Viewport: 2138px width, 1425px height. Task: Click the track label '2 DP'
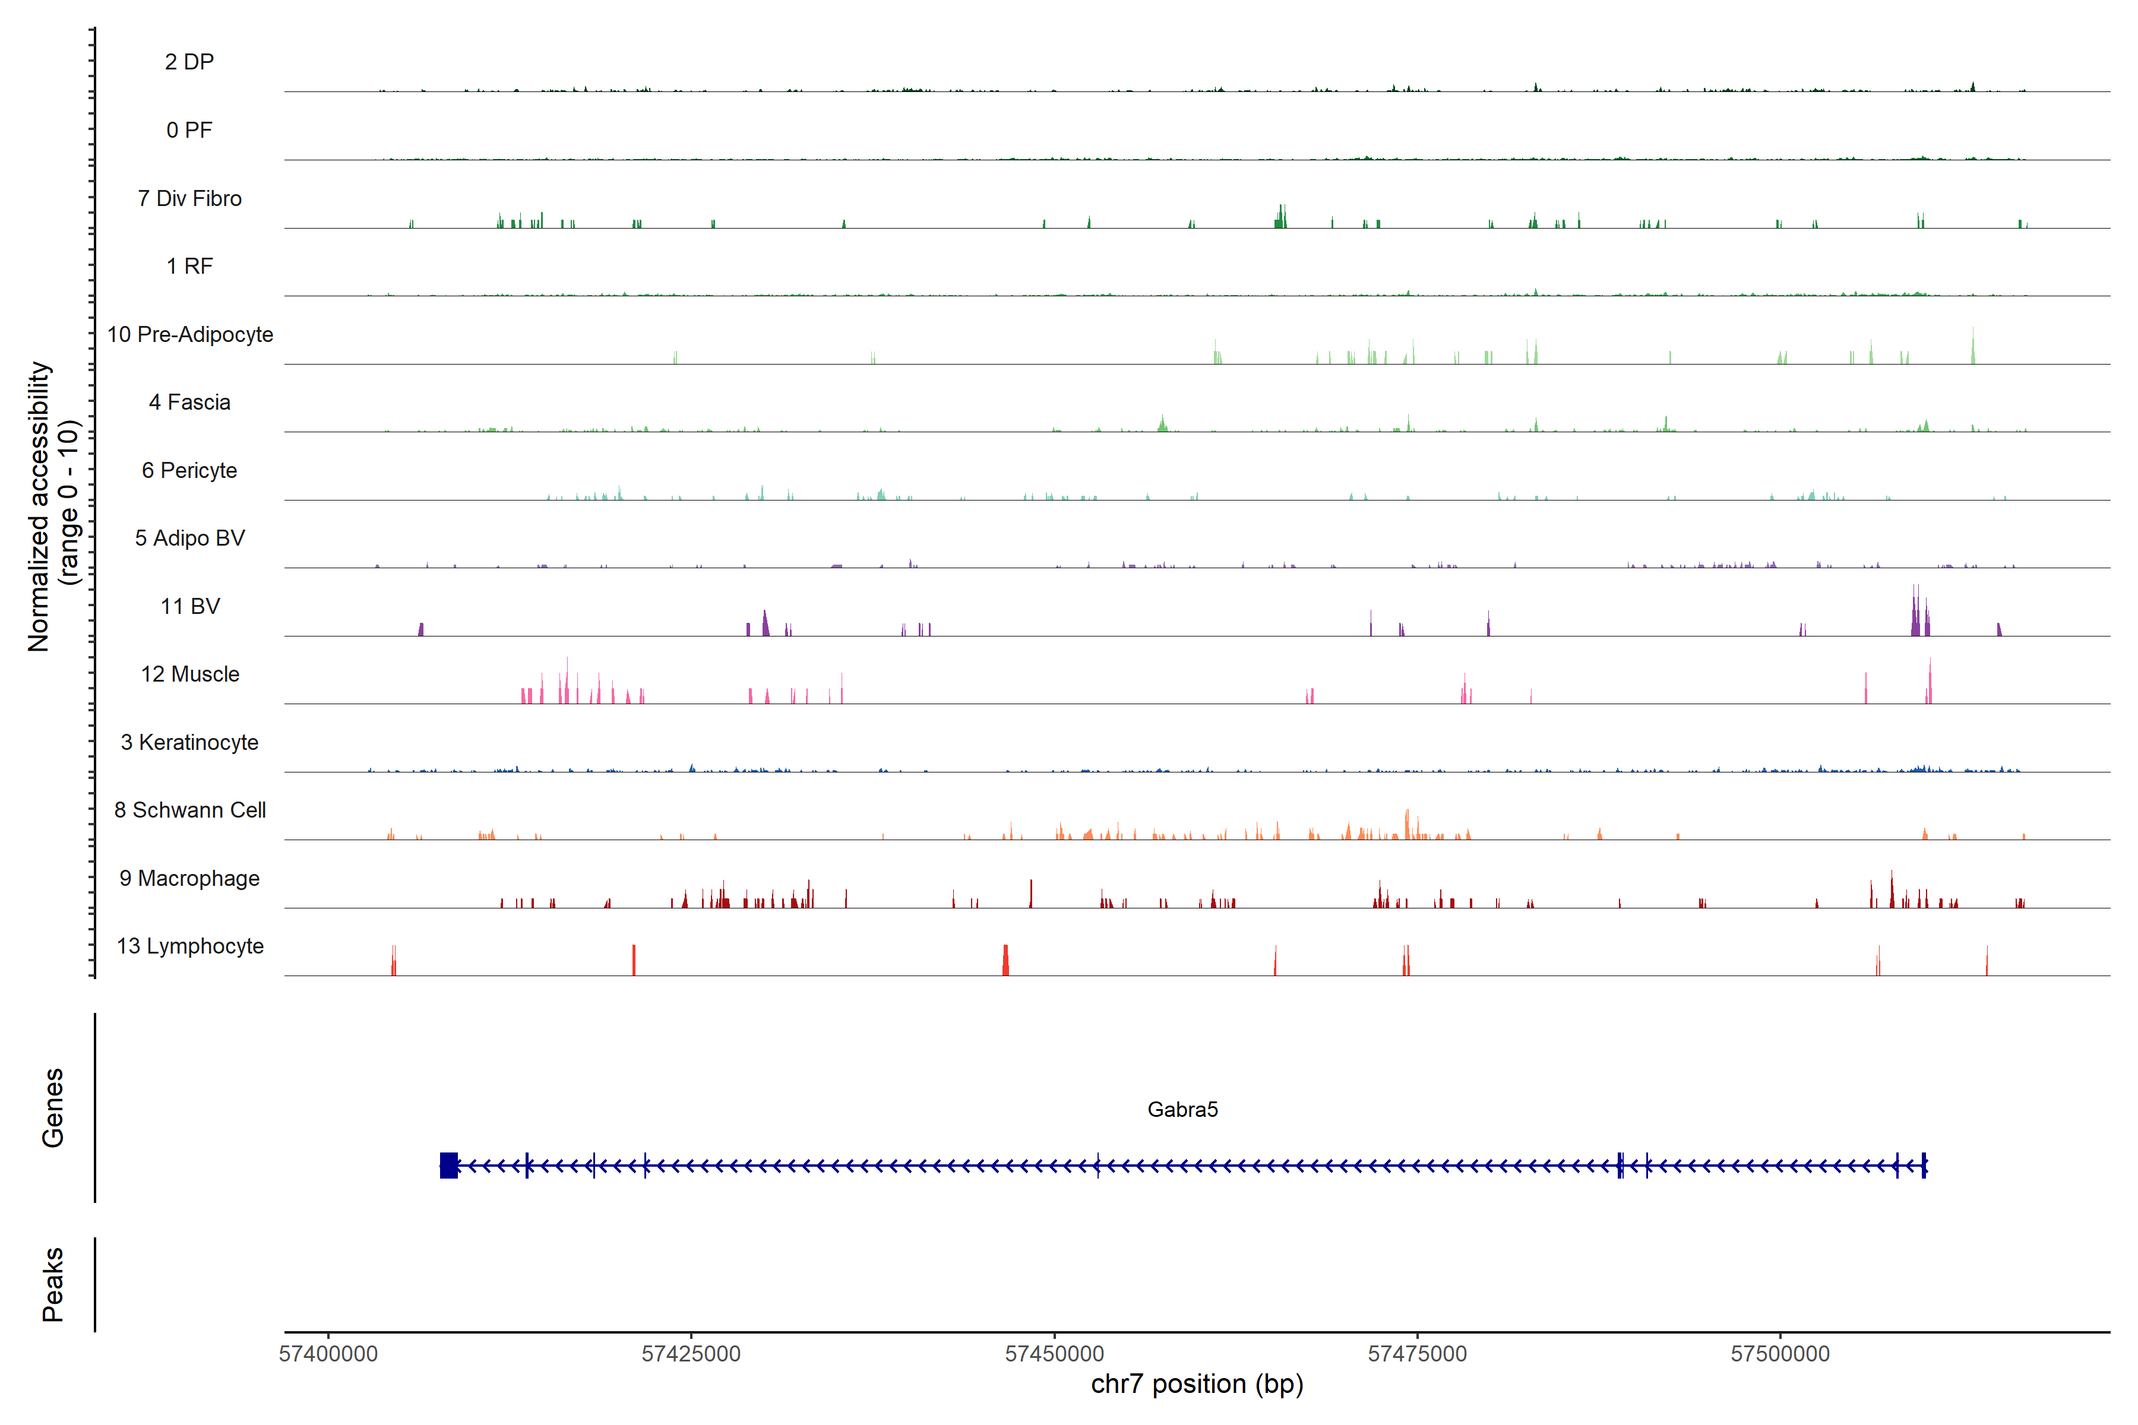(189, 62)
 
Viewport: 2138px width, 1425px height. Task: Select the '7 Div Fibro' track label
(189, 198)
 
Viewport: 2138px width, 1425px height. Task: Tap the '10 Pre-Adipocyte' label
(190, 334)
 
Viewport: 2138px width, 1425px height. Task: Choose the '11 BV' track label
(190, 606)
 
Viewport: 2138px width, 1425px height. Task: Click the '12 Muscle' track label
(190, 674)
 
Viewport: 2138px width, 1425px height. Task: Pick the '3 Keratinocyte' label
(189, 743)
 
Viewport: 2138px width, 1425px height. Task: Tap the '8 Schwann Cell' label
(190, 810)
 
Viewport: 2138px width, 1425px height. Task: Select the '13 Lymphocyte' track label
(190, 946)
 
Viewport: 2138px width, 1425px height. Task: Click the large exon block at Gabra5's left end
(448, 1165)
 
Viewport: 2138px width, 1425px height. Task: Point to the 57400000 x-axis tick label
(328, 1353)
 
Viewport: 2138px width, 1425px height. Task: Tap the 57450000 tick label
(1055, 1353)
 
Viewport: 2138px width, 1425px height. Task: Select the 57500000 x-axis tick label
(1780, 1353)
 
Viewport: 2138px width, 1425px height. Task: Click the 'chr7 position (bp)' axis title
(1196, 1384)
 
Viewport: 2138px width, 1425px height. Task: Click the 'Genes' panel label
(53, 1108)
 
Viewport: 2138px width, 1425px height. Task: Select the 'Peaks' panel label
(53, 1284)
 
